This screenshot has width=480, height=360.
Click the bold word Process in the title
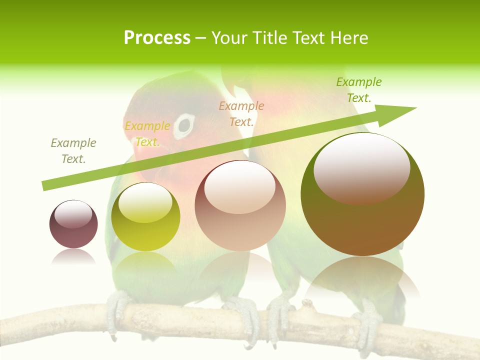coord(157,38)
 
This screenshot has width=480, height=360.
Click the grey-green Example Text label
coord(73,151)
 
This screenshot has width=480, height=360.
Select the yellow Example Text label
coord(147,134)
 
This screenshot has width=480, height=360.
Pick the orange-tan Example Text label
coord(241,113)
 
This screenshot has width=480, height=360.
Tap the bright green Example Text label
coord(359,90)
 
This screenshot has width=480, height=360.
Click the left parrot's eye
coord(184,125)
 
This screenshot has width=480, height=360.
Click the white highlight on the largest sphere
coord(361,167)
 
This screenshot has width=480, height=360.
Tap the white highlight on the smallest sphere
coord(73,214)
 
